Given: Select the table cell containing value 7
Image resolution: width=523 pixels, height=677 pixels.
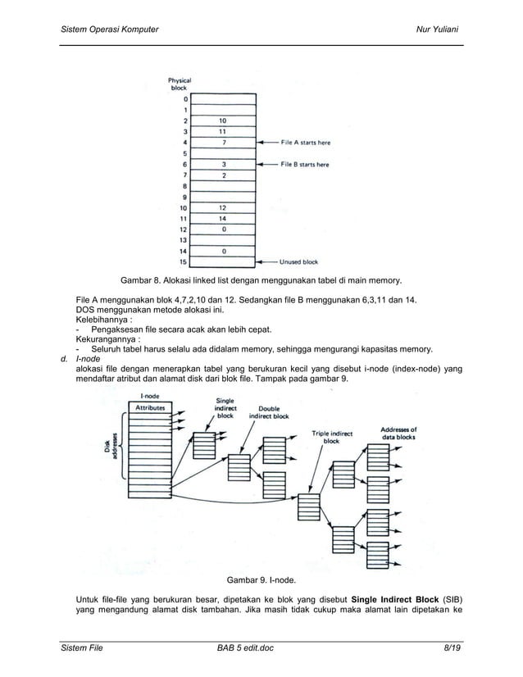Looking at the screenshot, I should point(223,142).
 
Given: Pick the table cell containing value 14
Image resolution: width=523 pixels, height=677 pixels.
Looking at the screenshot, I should point(223,219).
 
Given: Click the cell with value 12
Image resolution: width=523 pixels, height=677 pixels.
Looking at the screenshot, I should point(223,208).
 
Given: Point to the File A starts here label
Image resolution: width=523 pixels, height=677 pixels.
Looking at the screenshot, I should point(305,142).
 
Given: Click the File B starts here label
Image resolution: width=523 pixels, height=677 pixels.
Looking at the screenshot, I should point(305,164).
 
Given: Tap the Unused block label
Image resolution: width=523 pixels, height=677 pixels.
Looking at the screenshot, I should point(299,262).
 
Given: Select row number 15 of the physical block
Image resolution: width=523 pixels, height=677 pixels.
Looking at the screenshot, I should point(186,262).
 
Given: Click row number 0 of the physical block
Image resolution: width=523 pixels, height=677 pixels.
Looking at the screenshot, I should point(186,98).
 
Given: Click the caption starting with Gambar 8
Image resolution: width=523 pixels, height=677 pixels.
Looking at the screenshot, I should point(255,280).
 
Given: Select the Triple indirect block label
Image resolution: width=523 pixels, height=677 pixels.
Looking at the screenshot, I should point(332,437).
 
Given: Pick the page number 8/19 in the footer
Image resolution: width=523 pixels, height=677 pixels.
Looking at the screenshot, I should point(452,647).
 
